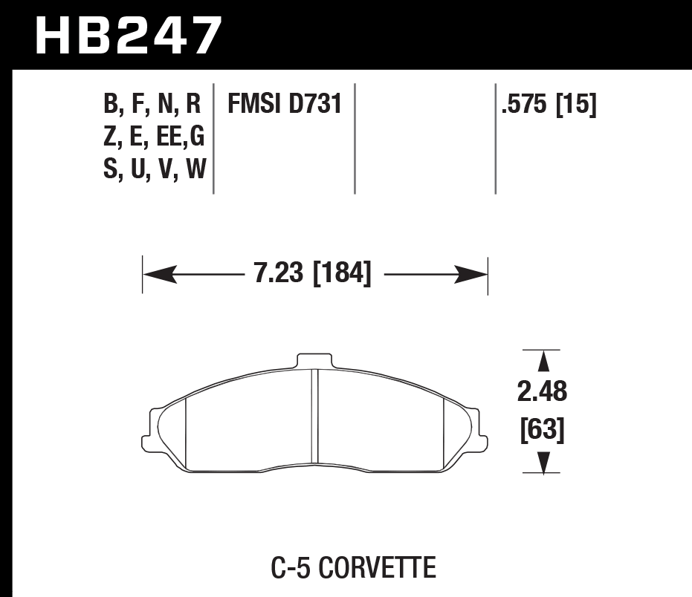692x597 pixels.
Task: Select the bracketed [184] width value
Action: (342, 275)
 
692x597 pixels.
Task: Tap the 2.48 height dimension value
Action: (543, 391)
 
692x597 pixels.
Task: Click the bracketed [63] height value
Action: (543, 430)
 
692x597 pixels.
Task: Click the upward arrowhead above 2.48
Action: (543, 362)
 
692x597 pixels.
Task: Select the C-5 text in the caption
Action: (288, 570)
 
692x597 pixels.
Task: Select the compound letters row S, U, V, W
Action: (155, 172)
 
